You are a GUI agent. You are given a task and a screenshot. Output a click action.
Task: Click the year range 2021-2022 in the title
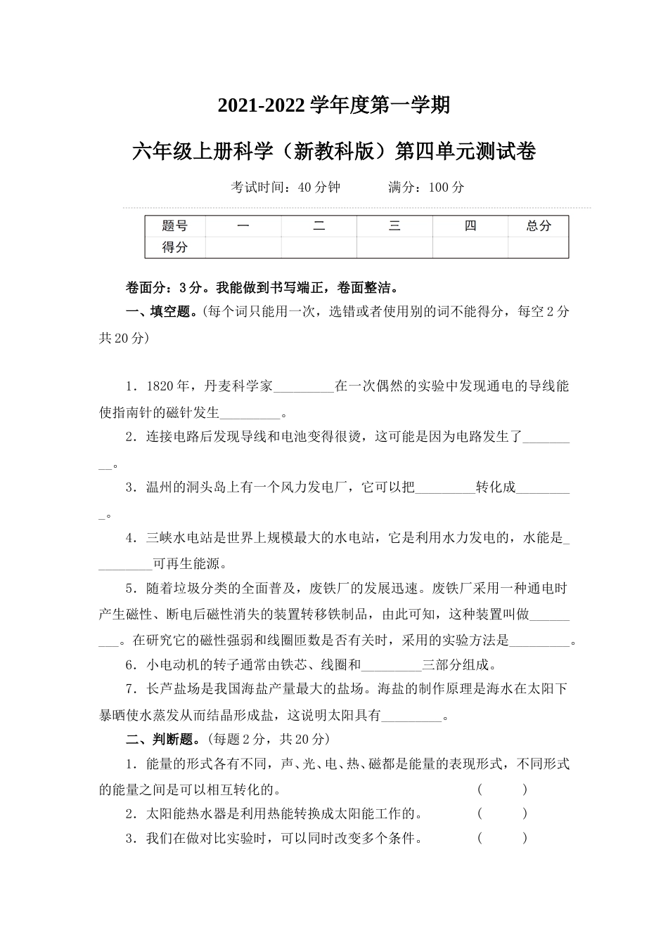point(262,105)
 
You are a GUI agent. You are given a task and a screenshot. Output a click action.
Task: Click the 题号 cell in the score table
point(174,226)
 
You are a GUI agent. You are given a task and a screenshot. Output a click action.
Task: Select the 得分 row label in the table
point(174,247)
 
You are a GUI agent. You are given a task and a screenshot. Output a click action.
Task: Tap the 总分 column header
point(539,226)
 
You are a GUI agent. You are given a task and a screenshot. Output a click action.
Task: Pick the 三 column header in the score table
point(394,226)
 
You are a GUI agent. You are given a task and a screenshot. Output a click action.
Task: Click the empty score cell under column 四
point(470,247)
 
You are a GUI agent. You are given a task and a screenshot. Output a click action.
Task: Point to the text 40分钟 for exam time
point(319,188)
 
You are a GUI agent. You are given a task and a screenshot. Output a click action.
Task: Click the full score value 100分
point(446,188)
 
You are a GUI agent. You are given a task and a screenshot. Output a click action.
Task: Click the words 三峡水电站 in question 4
point(179,539)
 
